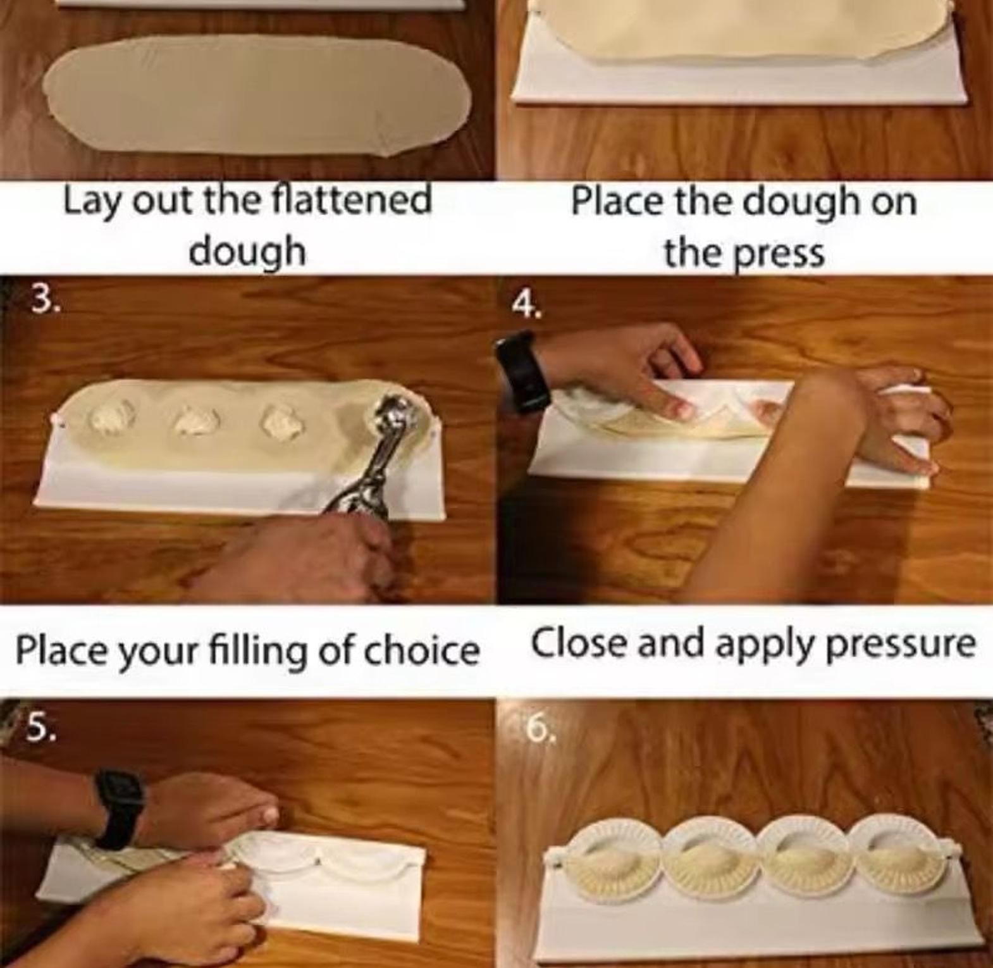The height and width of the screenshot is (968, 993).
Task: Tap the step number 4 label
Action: (x=527, y=306)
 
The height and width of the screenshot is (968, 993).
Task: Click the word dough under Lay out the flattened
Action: (x=247, y=252)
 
